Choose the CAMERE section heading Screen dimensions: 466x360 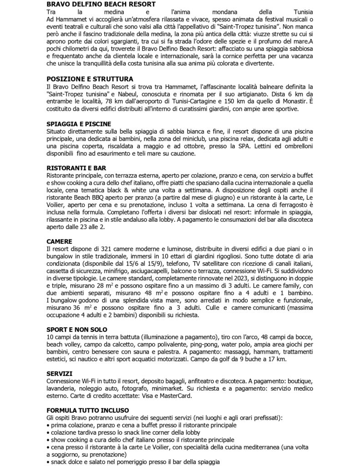[60, 241]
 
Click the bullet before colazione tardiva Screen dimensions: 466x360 [48, 432]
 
